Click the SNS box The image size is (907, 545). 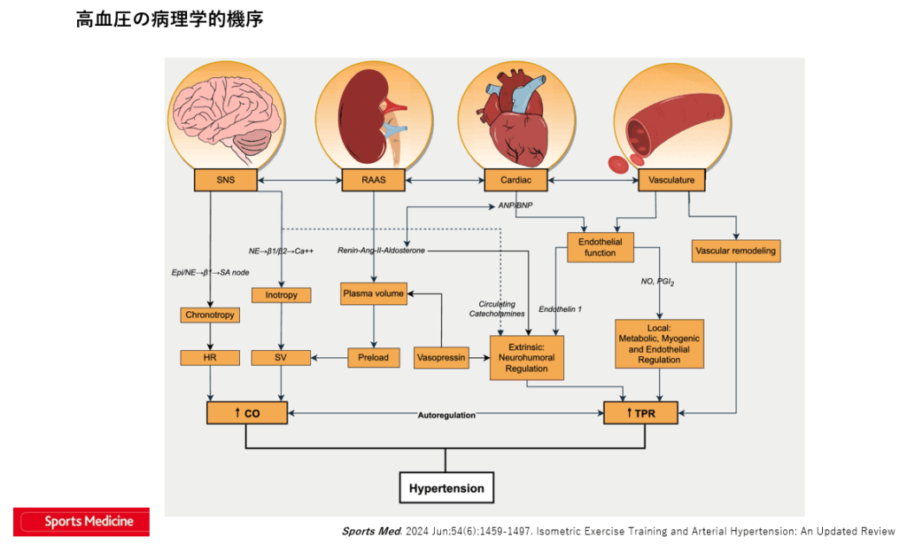(x=225, y=181)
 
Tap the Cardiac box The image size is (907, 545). (x=516, y=181)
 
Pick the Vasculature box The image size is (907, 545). (x=671, y=181)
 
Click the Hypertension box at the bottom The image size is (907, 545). (x=446, y=487)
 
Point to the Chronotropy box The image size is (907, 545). (x=210, y=315)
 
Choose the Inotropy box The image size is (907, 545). (x=281, y=294)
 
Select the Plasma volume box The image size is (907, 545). (x=373, y=293)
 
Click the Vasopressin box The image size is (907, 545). (x=440, y=358)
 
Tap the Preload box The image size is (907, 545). (x=373, y=358)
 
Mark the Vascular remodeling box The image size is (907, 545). (x=735, y=251)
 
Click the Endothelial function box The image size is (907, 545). (x=600, y=247)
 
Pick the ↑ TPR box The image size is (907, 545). (x=640, y=413)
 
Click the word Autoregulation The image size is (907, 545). (x=446, y=414)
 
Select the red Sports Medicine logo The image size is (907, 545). (x=81, y=521)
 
